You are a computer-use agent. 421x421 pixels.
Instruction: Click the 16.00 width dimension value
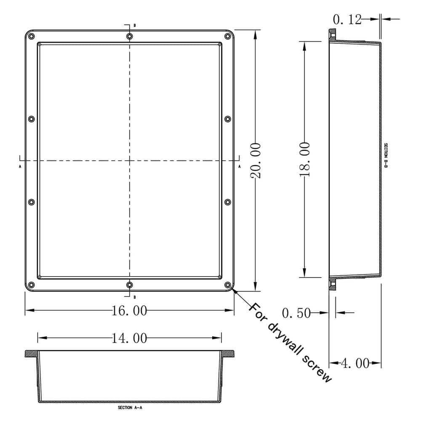tap(130, 311)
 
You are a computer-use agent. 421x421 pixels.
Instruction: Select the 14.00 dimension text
tap(130, 338)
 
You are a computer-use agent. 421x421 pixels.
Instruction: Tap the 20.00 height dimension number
tap(256, 160)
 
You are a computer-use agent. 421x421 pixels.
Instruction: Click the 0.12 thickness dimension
tap(347, 19)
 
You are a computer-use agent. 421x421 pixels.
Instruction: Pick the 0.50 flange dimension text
tap(296, 313)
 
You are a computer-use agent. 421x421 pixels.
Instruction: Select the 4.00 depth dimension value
tap(355, 363)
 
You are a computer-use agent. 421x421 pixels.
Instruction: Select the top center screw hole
tap(130, 37)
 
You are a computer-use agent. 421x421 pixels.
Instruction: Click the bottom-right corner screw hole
tap(228, 285)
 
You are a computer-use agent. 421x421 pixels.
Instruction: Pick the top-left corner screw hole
tap(32, 37)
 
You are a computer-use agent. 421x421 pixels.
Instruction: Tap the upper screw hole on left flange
tap(32, 119)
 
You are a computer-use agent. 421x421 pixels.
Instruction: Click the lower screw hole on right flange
tap(228, 202)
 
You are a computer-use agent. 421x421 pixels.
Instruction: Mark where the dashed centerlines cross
tap(130, 160)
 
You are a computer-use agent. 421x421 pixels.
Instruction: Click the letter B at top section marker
tap(134, 26)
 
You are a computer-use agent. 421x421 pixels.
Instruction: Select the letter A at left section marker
tap(20, 167)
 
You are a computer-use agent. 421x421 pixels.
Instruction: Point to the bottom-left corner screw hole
tap(32, 285)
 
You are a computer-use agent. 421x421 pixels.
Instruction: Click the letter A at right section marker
tap(239, 167)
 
